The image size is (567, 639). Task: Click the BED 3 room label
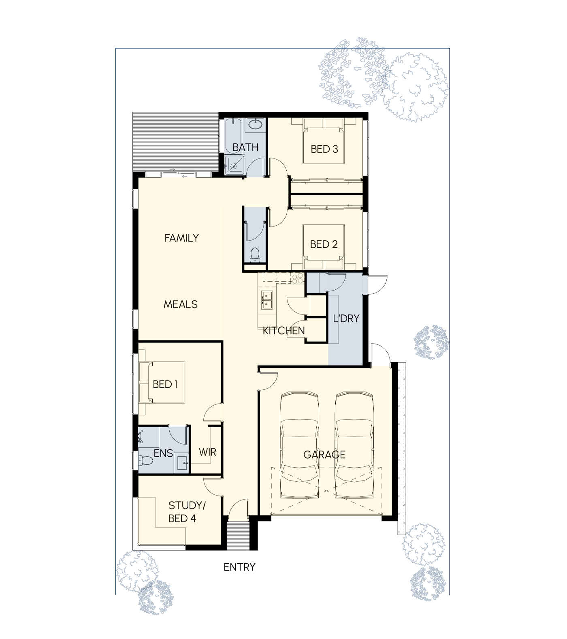click(x=324, y=149)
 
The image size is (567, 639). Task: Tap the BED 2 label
click(x=324, y=244)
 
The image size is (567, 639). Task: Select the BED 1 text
click(x=165, y=384)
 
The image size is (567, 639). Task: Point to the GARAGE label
click(x=324, y=455)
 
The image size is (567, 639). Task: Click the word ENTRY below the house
click(x=239, y=567)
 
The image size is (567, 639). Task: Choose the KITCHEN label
click(x=283, y=331)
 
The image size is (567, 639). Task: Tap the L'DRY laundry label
click(x=346, y=318)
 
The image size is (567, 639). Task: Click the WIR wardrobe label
click(x=207, y=452)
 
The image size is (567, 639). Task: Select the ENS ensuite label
click(x=163, y=453)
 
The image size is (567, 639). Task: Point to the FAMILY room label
click(x=181, y=238)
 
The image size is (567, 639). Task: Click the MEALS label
click(x=181, y=304)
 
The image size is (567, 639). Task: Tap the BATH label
click(x=245, y=147)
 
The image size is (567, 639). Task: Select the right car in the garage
click(x=354, y=445)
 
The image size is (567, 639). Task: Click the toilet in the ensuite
click(x=145, y=460)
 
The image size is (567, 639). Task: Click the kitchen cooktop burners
click(x=298, y=278)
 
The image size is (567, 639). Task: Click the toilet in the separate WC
click(x=255, y=254)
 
